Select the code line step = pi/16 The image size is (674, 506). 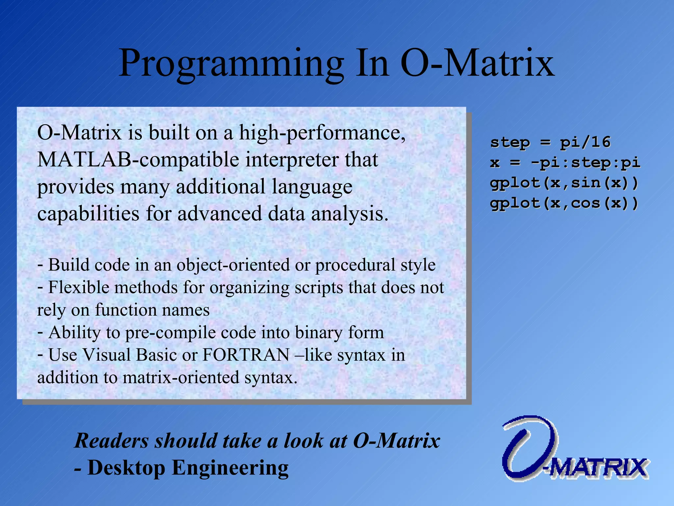point(550,142)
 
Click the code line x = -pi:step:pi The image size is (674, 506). point(565,163)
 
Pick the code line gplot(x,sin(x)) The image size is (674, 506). point(564,183)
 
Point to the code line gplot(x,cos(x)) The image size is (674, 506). point(564,203)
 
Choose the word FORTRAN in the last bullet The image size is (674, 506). point(246,355)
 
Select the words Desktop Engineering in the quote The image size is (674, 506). point(188,468)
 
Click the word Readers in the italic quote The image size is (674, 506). point(111,441)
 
